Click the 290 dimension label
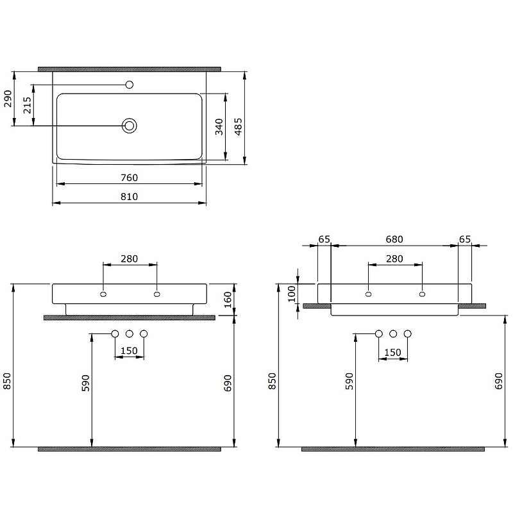point(8,99)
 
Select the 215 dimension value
point(27,105)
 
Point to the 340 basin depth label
point(219,126)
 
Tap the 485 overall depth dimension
point(238,126)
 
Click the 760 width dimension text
point(130,178)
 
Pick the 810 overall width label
point(130,197)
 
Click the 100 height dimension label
point(292,294)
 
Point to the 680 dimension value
point(394,239)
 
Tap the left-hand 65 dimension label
point(324,239)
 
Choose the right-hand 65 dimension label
point(465,239)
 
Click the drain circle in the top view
point(130,126)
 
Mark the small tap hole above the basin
point(130,85)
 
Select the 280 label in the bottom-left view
point(130,258)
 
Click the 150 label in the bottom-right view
point(392,353)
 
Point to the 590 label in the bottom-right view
point(349,382)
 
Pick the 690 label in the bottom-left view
point(228,382)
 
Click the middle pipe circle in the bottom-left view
point(130,333)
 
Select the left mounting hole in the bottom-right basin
point(368,294)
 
